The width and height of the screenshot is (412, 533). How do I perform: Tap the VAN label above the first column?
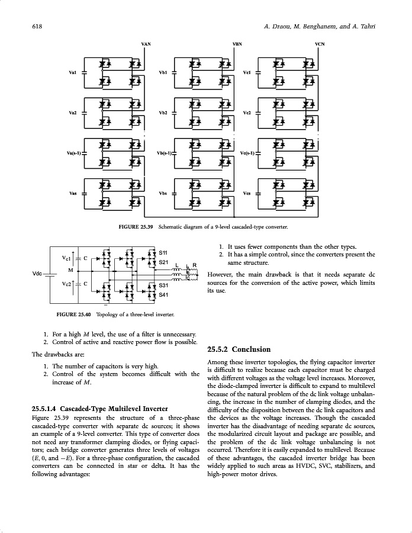pos(146,44)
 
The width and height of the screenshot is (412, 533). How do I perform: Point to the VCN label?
pos(320,44)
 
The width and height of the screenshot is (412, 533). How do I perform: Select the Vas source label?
pos(72,194)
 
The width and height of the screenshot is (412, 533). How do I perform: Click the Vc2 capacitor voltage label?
pos(66,284)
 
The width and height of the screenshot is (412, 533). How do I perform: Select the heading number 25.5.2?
pos(221,349)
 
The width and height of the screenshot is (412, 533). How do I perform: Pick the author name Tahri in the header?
pos(368,27)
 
